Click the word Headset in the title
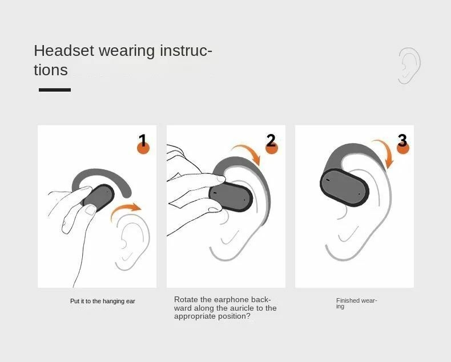click(x=64, y=51)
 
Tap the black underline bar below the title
click(x=55, y=90)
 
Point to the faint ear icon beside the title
click(x=409, y=66)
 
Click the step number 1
click(x=142, y=140)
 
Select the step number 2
click(x=271, y=140)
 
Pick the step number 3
click(x=402, y=140)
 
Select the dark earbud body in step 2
click(x=231, y=197)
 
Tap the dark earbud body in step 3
click(x=344, y=188)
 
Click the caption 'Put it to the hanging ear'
click(x=103, y=301)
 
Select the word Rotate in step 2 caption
click(x=186, y=300)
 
